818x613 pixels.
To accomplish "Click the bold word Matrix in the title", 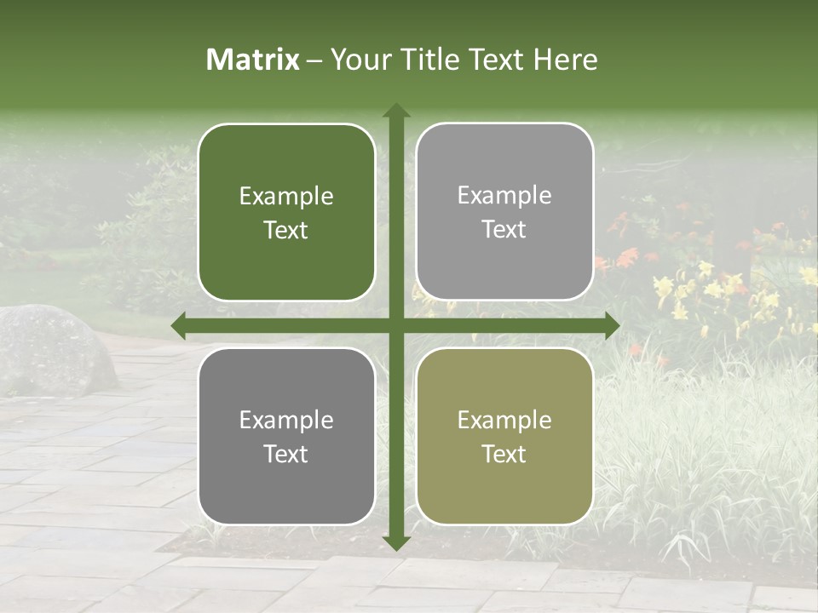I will pyautogui.click(x=253, y=60).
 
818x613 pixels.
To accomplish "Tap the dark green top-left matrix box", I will pyautogui.click(x=286, y=212).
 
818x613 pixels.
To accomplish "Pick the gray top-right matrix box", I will pyautogui.click(x=504, y=212).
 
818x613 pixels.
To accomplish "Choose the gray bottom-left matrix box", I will pyautogui.click(x=286, y=436).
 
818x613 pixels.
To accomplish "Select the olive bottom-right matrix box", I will pyautogui.click(x=504, y=436).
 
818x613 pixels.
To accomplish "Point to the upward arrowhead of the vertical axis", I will pyautogui.click(x=396, y=110).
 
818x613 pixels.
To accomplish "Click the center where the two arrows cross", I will pyautogui.click(x=396, y=325).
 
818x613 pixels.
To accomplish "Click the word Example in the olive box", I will pyautogui.click(x=504, y=420).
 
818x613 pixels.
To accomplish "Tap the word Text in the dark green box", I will pyautogui.click(x=286, y=230).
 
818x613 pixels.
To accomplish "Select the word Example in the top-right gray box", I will pyautogui.click(x=504, y=196).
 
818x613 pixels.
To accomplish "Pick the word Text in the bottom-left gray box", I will pyautogui.click(x=286, y=454).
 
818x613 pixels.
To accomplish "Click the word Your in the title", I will pyautogui.click(x=357, y=60).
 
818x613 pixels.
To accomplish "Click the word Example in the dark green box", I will pyautogui.click(x=286, y=197).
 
